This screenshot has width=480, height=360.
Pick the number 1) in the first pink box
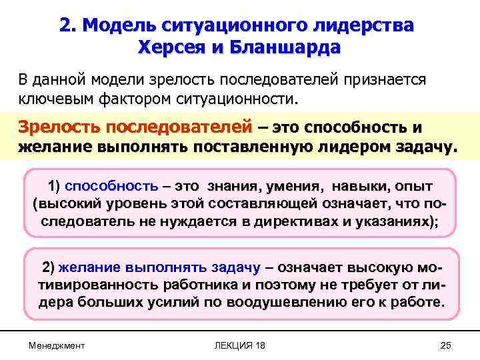[55, 186]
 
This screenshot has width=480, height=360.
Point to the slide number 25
[446, 345]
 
